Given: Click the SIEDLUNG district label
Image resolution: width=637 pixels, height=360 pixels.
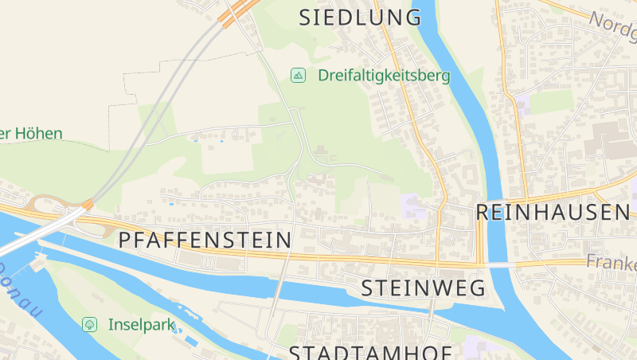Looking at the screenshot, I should pyautogui.click(x=360, y=18).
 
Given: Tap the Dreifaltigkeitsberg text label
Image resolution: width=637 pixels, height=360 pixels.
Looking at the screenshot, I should pyautogui.click(x=384, y=76).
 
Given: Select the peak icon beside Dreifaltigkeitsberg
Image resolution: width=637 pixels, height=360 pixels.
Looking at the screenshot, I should pyautogui.click(x=299, y=76).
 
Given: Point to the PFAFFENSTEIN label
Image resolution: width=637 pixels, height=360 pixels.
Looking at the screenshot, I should pyautogui.click(x=205, y=240).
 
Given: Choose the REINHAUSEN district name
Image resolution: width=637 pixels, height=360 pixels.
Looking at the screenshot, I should pyautogui.click(x=553, y=212).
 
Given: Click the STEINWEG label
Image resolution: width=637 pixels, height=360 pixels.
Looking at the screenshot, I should pyautogui.click(x=423, y=288).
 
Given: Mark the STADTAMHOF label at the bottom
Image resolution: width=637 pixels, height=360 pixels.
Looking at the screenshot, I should pyautogui.click(x=370, y=353).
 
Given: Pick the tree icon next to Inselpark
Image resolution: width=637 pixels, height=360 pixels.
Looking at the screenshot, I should pyautogui.click(x=89, y=324).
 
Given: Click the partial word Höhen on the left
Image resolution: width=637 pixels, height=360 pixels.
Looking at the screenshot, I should pyautogui.click(x=32, y=134).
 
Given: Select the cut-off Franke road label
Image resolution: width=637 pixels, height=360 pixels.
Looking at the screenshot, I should pyautogui.click(x=611, y=261).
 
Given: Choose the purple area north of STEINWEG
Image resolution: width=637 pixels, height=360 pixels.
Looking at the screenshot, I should pyautogui.click(x=413, y=205).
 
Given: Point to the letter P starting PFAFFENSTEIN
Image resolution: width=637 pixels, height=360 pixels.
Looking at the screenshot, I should pyautogui.click(x=124, y=240).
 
